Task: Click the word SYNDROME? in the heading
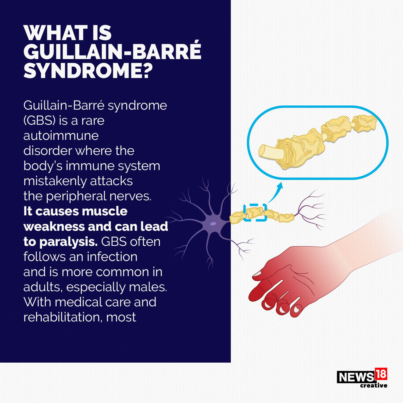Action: coord(88,71)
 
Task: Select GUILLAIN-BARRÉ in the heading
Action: coord(112,52)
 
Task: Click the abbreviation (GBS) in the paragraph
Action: coord(40,120)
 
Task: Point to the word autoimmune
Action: coord(61,136)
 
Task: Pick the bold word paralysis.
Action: coord(68,241)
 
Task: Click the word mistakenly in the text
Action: coord(55,181)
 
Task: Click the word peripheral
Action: coord(76,196)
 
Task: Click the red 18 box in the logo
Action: coord(381,374)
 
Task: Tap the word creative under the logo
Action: coord(374,385)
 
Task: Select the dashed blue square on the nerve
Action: coord(255,212)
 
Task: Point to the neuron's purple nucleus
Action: coord(213,224)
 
